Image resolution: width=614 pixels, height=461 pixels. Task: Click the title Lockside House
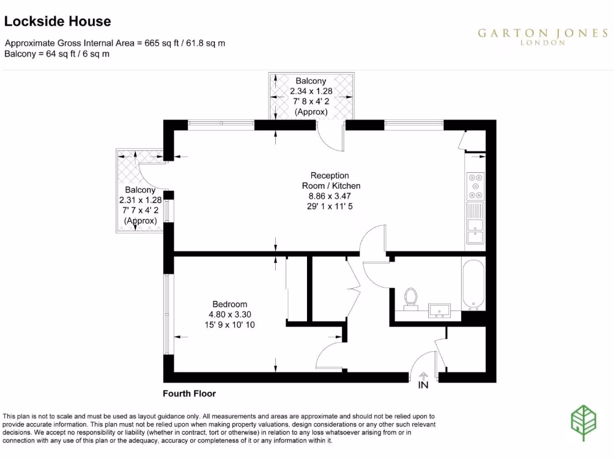click(x=58, y=22)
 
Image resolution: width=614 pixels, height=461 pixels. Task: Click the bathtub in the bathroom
click(x=474, y=284)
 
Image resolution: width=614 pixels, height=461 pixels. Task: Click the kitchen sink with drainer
click(x=475, y=223)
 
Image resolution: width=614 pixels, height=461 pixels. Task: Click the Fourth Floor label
click(x=189, y=394)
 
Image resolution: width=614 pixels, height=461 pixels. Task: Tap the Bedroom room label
click(x=230, y=304)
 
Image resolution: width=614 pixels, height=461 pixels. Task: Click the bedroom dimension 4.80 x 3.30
click(x=230, y=315)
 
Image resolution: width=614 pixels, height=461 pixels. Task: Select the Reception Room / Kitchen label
click(x=330, y=181)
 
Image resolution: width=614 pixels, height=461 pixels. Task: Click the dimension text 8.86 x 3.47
click(x=330, y=196)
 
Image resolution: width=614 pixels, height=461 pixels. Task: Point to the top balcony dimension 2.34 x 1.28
click(x=311, y=91)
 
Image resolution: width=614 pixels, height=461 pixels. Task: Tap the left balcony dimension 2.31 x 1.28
click(x=141, y=200)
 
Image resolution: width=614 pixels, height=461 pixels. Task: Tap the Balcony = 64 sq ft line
click(x=57, y=53)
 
